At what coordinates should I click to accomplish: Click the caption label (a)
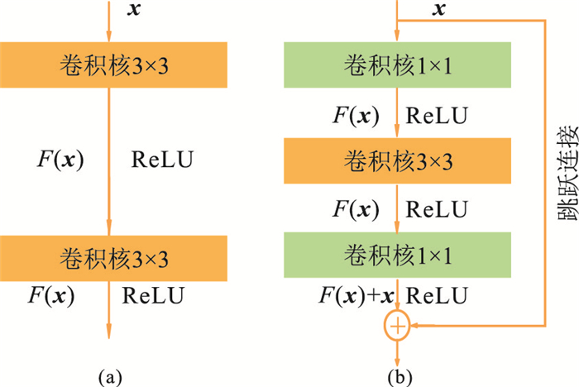point(110,377)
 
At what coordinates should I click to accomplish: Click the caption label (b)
point(400,377)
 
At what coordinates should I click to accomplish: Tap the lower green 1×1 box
point(398,256)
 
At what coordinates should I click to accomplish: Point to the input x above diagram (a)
point(134,10)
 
